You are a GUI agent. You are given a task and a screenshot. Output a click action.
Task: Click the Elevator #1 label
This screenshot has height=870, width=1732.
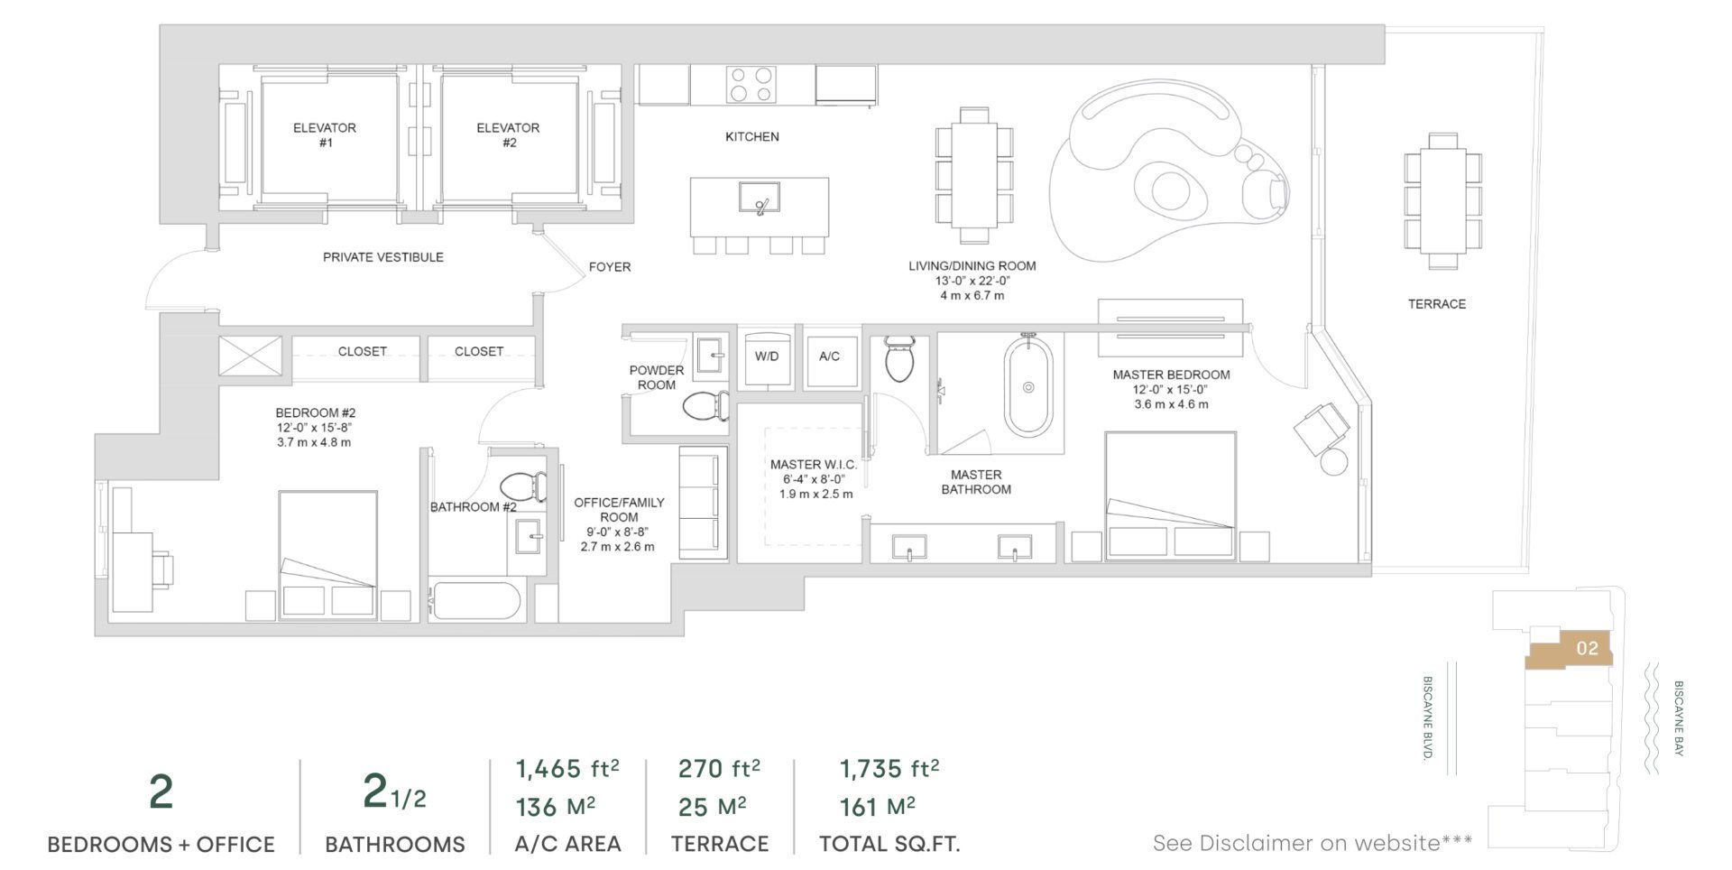point(325,135)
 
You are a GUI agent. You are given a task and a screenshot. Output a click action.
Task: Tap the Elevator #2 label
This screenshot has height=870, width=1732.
point(508,135)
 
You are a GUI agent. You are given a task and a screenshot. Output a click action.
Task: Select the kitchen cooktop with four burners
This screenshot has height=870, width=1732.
point(751,85)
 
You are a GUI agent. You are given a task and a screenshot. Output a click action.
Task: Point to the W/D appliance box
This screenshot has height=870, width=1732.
point(767,357)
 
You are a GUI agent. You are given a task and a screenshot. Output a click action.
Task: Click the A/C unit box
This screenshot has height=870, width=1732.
point(830,357)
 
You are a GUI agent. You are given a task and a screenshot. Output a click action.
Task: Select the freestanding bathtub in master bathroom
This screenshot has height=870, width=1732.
point(1028,386)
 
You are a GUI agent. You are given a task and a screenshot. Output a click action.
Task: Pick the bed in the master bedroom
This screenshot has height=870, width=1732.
point(1170,496)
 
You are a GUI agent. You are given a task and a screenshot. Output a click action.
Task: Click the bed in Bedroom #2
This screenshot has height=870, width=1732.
point(327,554)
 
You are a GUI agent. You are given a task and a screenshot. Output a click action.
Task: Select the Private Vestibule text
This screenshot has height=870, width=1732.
point(383,257)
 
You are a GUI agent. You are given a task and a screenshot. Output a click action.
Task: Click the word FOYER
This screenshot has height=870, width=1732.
point(610,267)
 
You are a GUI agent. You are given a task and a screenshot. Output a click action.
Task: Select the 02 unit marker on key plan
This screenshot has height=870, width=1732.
point(1587,648)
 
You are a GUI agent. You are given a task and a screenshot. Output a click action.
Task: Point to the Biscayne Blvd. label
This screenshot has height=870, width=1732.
point(1428,717)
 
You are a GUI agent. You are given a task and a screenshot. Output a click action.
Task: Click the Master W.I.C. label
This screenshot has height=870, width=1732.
point(813,465)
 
